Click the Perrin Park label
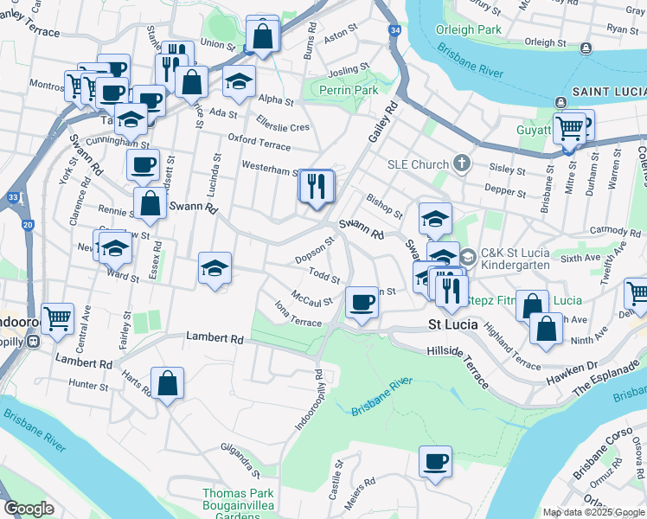coord(349,90)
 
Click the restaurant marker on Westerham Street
coord(316,185)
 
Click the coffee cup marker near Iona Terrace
coord(362,303)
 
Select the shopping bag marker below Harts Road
coord(167,384)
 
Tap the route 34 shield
coord(395,30)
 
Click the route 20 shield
coord(29,225)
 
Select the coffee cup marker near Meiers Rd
coord(435,461)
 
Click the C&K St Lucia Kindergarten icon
coord(468,256)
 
